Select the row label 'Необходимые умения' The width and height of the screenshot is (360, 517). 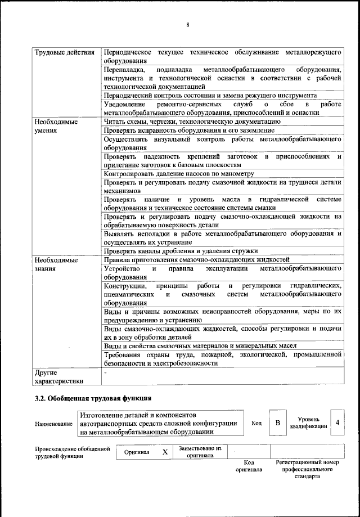pos(56,125)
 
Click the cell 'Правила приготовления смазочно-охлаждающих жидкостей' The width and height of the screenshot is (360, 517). pos(197,259)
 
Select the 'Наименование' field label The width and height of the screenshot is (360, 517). pos(54,424)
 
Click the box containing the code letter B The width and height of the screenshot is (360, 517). pos(277,422)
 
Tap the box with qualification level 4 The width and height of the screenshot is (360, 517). pos(337,422)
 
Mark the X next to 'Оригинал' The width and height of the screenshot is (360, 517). pos(165,452)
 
